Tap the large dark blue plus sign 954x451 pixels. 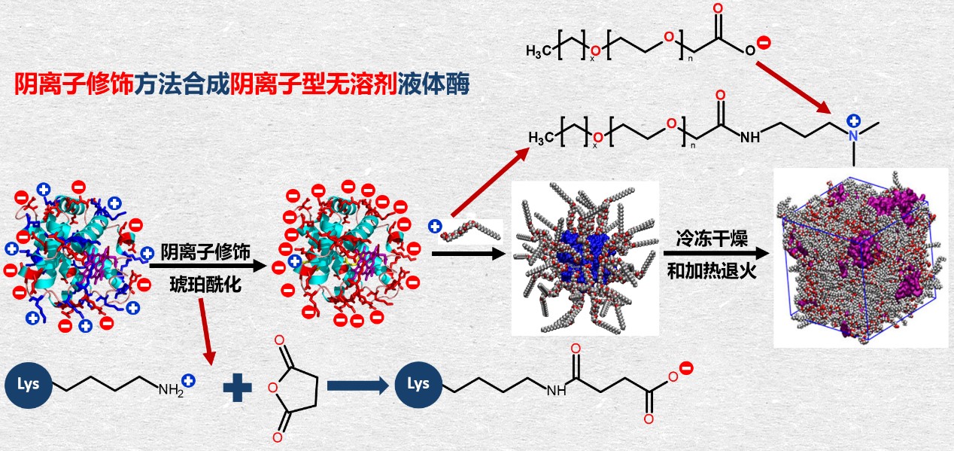point(238,389)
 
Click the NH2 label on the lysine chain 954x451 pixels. point(170,390)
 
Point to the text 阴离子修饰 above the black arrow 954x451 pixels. point(205,251)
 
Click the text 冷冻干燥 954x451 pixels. point(704,238)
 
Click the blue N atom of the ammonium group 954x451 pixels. point(853,136)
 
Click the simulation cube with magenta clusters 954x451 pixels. point(861,257)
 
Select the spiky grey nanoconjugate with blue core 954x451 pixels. point(585,257)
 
